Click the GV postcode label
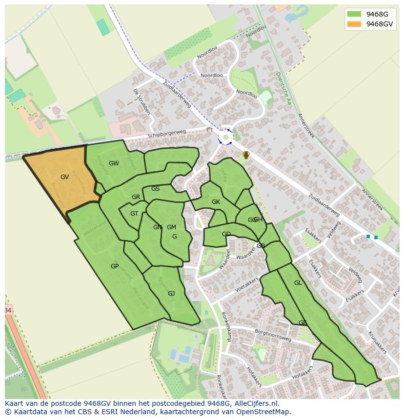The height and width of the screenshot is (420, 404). [64, 177]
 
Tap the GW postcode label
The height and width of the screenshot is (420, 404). [114, 163]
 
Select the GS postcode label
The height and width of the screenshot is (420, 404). [155, 189]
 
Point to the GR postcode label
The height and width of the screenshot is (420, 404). [136, 197]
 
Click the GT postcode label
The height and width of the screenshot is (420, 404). [134, 213]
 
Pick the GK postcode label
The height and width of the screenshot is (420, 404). [216, 202]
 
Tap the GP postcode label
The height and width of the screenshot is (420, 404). [115, 266]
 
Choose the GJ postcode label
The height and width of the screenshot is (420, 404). [171, 293]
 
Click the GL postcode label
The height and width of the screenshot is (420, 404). [298, 283]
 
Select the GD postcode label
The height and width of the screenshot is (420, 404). [226, 234]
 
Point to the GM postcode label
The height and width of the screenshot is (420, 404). [171, 227]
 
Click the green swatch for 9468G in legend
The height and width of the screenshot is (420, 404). [354, 14]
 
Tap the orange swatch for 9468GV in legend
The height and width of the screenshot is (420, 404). [354, 24]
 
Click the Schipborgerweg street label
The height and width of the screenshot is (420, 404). [167, 133]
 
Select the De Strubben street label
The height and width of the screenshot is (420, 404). [141, 101]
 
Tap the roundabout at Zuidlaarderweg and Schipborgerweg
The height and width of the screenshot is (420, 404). [225, 137]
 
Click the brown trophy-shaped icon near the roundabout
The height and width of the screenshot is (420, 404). [246, 155]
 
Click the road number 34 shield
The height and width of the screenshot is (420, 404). [7, 310]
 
